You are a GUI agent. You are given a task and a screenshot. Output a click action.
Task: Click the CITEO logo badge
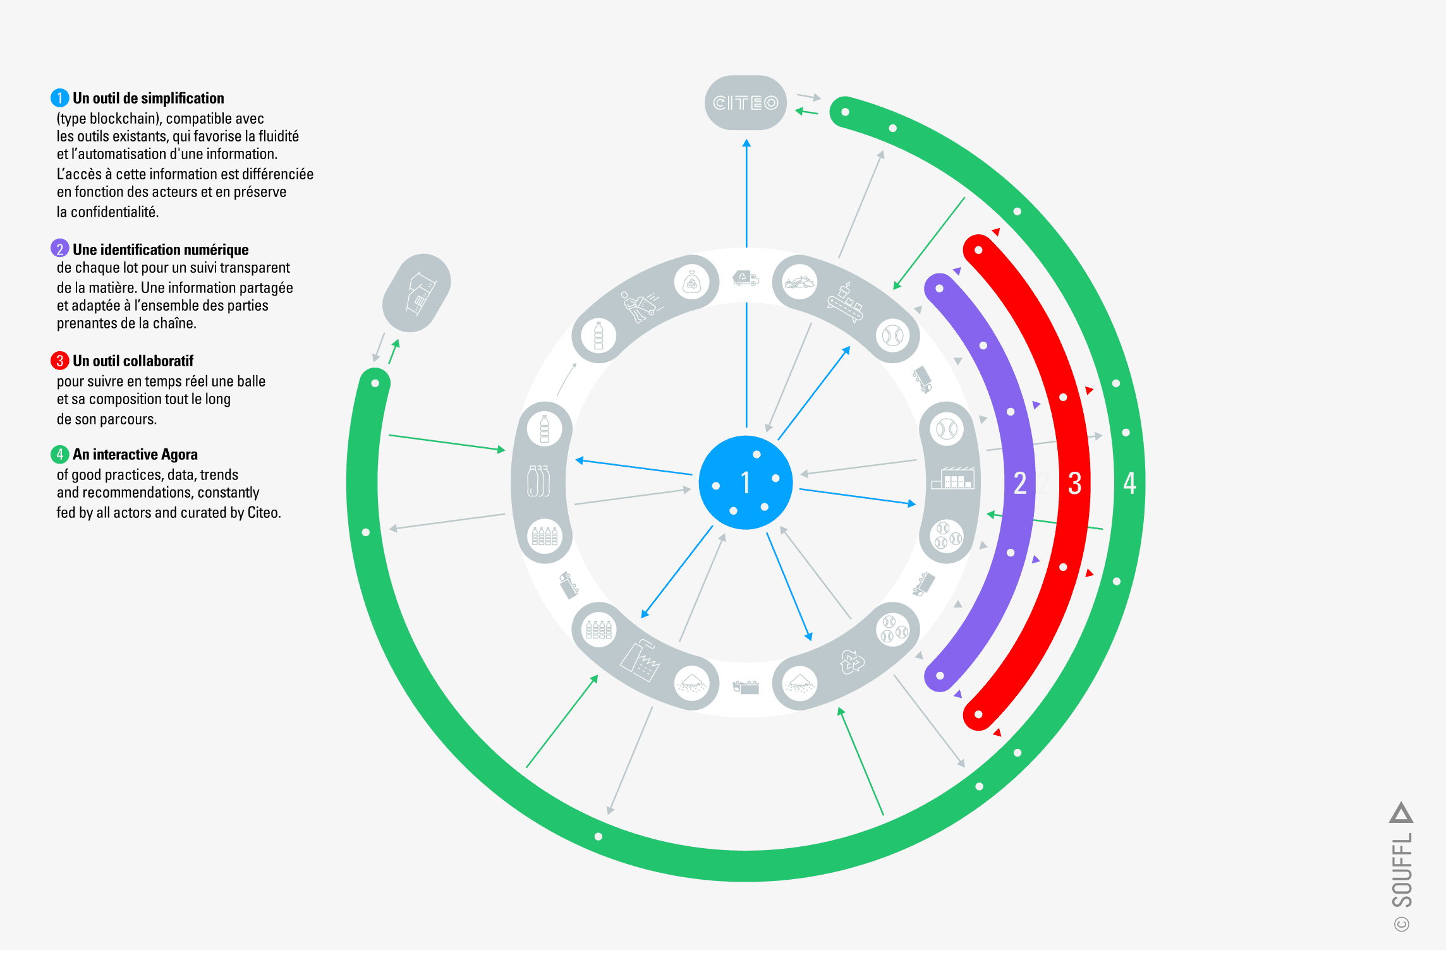pos(745,103)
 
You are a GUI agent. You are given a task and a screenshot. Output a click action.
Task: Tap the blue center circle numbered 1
pos(746,482)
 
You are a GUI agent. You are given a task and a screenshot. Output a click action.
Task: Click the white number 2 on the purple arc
pos(1019,483)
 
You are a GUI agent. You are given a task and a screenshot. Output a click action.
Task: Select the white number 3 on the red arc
pos(1074,483)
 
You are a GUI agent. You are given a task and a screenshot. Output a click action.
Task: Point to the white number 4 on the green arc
pos(1129,483)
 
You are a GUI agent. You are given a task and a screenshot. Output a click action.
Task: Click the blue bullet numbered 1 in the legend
pos(59,98)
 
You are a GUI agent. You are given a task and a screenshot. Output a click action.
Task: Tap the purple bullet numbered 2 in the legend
pos(59,249)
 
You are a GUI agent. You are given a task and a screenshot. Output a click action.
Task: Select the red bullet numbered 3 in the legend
pos(59,361)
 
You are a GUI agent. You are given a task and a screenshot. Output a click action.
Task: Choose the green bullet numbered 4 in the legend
pos(59,454)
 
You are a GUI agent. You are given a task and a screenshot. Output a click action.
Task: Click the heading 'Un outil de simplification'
pos(149,99)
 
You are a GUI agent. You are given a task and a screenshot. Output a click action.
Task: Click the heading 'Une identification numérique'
pos(161,249)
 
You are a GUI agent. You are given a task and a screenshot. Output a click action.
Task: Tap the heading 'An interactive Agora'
pos(135,455)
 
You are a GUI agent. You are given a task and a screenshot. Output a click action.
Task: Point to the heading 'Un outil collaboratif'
pos(133,361)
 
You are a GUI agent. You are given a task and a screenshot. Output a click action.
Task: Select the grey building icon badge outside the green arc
pos(416,293)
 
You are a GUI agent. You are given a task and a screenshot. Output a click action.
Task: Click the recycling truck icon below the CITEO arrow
pos(745,278)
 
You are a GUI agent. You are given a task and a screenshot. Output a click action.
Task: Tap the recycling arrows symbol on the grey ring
pos(851,662)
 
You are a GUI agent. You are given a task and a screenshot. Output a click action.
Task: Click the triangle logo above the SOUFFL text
pos(1401,813)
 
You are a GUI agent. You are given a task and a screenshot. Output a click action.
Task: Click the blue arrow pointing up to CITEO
pos(746,189)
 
